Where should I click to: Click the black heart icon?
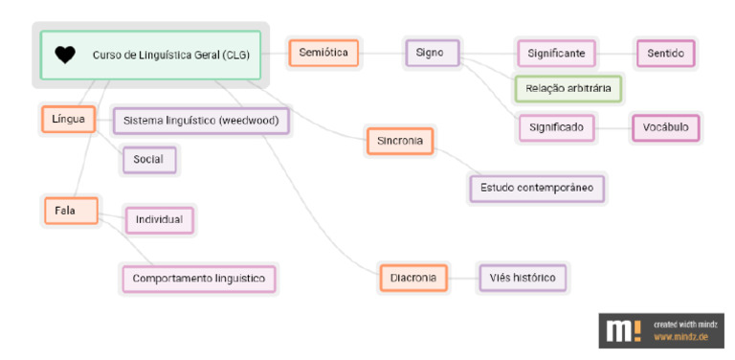pos(65,55)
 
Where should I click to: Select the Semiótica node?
pos(323,53)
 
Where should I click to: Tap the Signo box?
pos(431,53)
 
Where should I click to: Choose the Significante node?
pos(556,53)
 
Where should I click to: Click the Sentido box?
pos(665,53)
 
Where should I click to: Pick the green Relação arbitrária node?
pos(568,89)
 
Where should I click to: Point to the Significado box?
pos(556,126)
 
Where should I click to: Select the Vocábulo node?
pos(666,126)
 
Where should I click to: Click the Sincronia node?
pos(400,142)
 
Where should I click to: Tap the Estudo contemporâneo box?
pos(537,188)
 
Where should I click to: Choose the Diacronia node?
pos(413,278)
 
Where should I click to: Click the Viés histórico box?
pos(523,278)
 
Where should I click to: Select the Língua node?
pos(69,120)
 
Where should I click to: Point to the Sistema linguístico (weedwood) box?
pos(201,122)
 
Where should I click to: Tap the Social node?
pos(148,159)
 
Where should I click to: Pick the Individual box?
pos(159,220)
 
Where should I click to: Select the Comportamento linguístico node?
pos(199,279)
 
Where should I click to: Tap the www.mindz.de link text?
pos(681,337)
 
